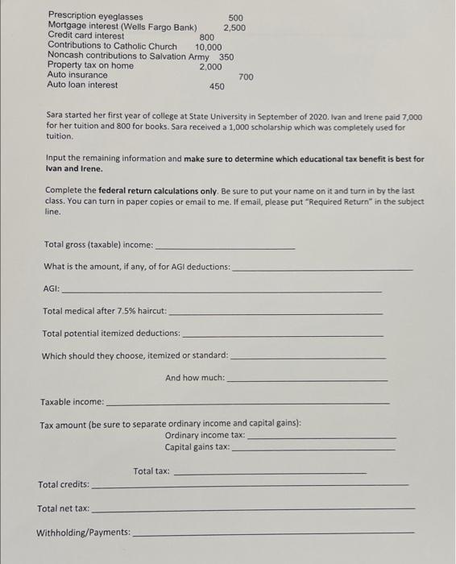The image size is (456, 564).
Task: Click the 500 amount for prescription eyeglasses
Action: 235,17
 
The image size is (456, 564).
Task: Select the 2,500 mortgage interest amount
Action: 234,27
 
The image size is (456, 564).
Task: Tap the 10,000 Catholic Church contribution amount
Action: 209,47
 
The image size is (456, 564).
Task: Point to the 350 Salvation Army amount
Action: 226,56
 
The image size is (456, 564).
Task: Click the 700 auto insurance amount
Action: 246,77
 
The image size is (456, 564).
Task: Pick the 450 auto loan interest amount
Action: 217,86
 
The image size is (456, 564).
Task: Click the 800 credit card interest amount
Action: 206,37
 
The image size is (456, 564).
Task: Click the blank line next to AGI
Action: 221,288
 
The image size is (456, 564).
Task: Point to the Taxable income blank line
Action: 247,402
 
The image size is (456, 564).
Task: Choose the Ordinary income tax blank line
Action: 321,437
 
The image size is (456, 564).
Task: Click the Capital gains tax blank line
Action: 313,448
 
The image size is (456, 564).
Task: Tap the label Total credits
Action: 63,484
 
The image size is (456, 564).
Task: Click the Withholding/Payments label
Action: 83,533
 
